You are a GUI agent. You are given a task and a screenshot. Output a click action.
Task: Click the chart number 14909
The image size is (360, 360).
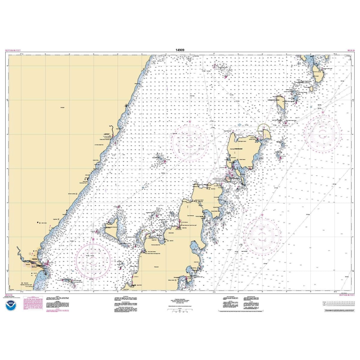point(180,50)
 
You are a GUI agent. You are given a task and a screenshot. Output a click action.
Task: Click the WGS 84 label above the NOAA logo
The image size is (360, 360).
point(9,295)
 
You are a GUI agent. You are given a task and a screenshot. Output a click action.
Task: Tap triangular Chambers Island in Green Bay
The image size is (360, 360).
point(112,223)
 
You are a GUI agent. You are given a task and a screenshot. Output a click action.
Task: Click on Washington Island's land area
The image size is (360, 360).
point(243,147)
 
